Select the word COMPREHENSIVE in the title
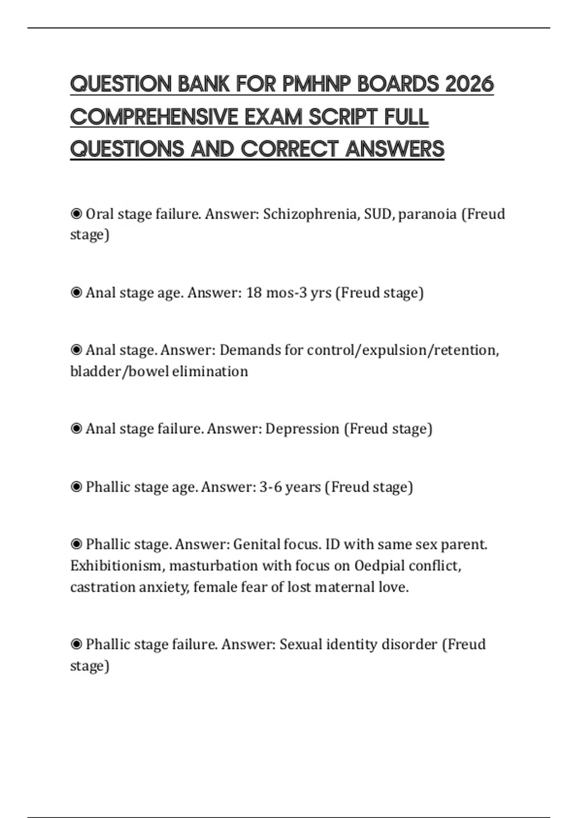(154, 117)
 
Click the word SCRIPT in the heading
(343, 117)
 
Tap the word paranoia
(427, 214)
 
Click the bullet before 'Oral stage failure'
(76, 214)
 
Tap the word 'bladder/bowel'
(119, 371)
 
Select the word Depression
(302, 429)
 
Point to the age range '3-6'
(270, 487)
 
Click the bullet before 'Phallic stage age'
(76, 487)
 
